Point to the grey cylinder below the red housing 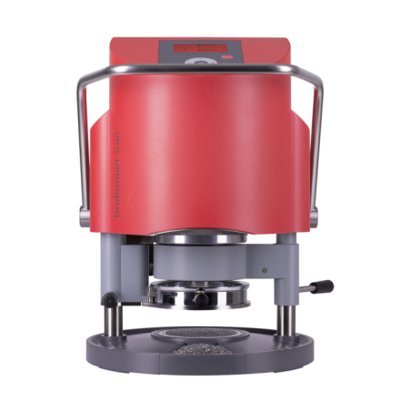pyautogui.click(x=204, y=259)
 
